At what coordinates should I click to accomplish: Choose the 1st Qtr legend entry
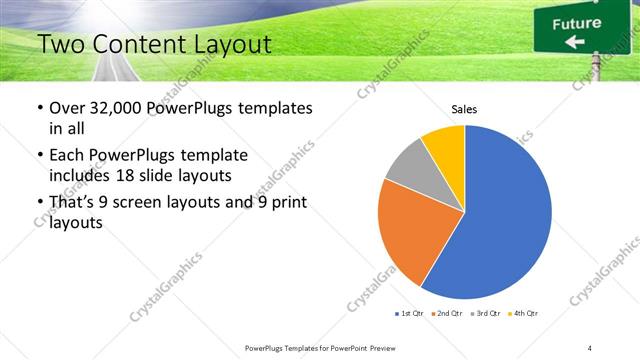tap(410, 314)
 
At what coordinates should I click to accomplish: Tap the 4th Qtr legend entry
tap(524, 314)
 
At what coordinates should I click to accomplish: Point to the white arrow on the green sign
tap(575, 42)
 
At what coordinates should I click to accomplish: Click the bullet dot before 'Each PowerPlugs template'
tap(40, 156)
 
